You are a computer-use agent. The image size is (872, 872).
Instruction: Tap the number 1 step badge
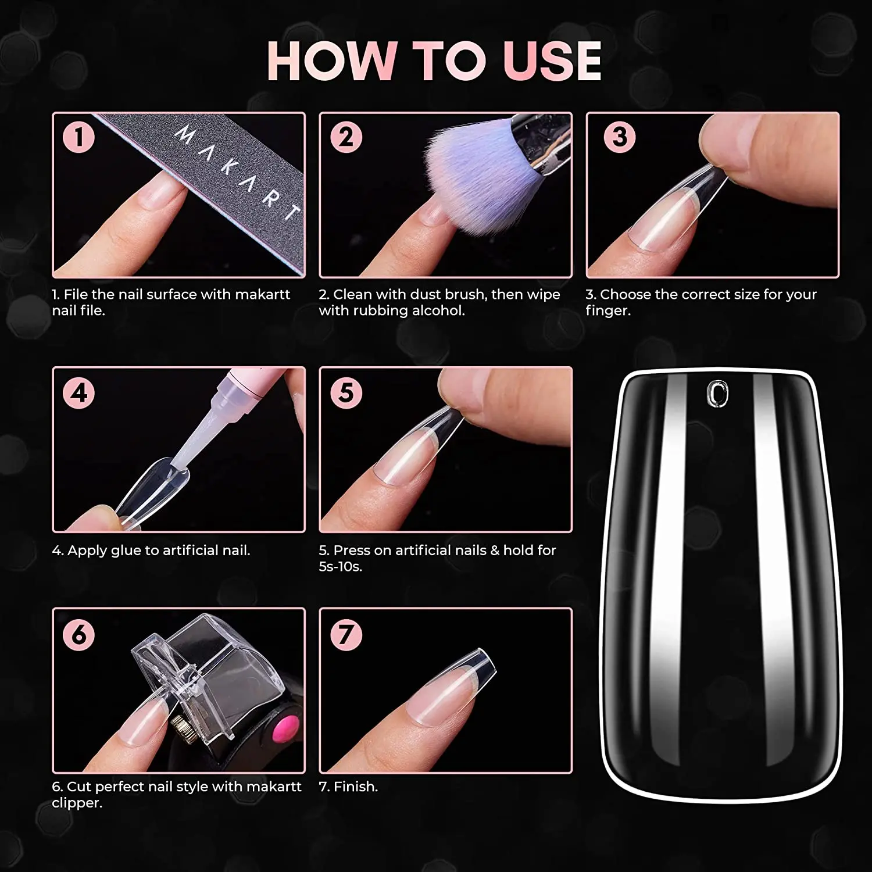79,137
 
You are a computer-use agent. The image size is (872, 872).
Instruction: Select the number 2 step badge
346,137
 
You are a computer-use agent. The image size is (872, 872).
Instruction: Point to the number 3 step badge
620,137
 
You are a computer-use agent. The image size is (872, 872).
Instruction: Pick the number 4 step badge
79,392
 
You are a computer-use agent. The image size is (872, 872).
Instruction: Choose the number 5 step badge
346,392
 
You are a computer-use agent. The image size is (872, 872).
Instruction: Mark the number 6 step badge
79,634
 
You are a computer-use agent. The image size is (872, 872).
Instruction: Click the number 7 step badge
346,634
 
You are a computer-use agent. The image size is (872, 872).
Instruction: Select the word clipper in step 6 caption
77,803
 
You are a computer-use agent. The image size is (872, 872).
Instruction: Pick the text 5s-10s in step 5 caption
340,566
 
